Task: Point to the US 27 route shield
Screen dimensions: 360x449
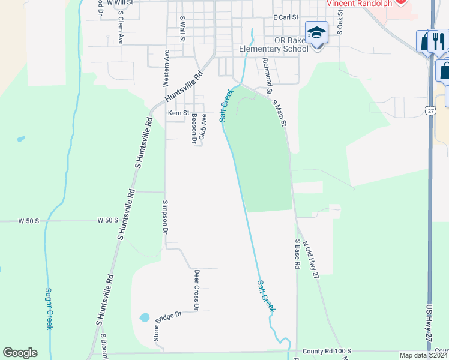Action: tap(430, 110)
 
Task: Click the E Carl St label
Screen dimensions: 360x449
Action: tap(285, 17)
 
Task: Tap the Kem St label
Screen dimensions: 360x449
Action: tap(178, 113)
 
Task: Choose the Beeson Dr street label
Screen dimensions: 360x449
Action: tap(194, 129)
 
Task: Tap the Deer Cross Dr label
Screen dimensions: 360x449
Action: tap(196, 290)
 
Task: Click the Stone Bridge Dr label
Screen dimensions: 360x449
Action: tap(167, 325)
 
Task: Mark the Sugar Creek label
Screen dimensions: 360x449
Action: tap(49, 308)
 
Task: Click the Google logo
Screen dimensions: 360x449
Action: tap(20, 353)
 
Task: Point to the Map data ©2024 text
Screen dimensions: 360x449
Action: tap(423, 355)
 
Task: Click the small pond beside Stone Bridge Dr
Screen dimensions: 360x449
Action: tap(145, 317)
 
